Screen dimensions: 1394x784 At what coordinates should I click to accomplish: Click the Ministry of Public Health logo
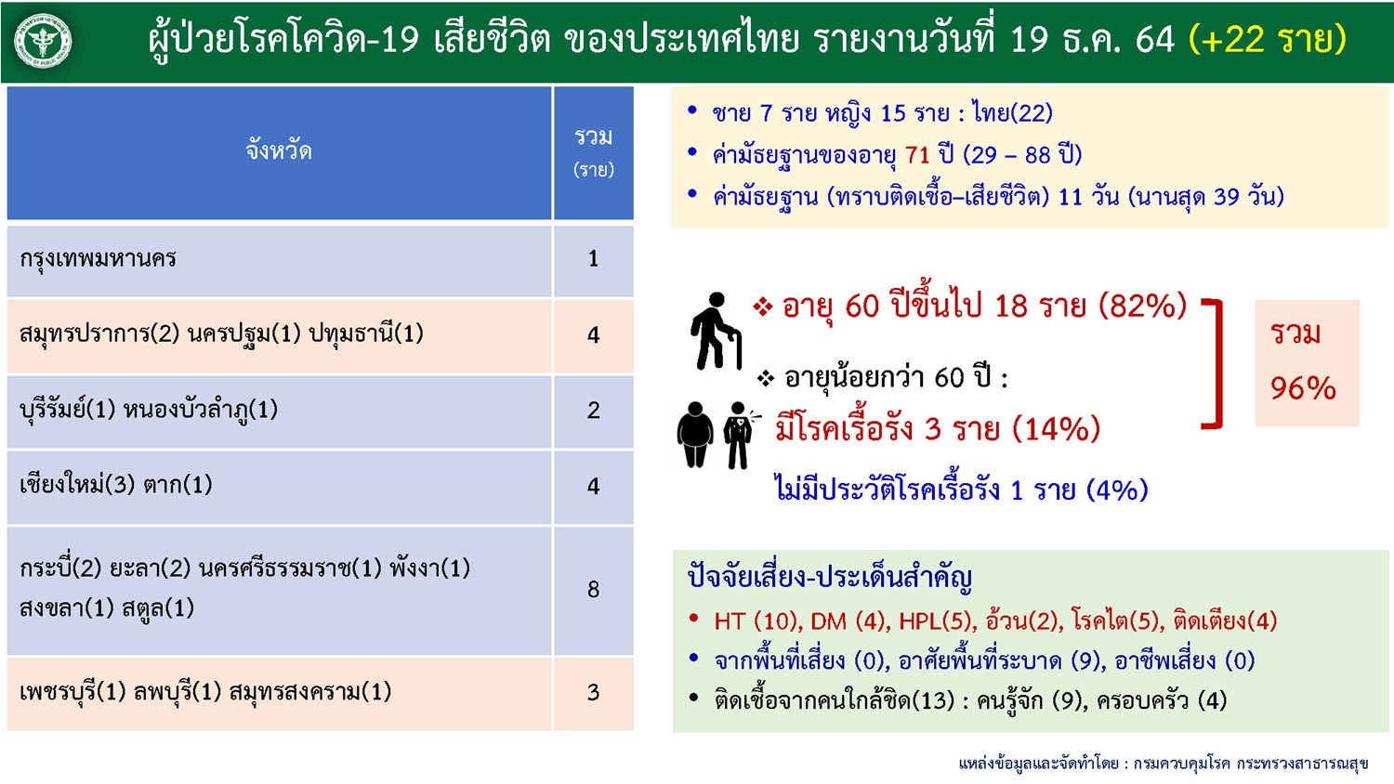[43, 41]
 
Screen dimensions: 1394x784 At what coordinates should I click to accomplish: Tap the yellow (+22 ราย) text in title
[1267, 39]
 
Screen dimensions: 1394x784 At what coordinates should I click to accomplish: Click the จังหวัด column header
[279, 150]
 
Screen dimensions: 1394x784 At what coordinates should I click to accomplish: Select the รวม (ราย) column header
[594, 152]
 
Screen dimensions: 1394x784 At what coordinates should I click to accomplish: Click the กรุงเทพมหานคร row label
[98, 258]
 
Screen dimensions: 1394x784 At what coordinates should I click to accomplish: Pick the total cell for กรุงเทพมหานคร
[593, 258]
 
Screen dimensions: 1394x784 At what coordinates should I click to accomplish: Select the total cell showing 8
[593, 589]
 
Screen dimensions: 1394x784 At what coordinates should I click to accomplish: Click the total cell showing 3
[593, 692]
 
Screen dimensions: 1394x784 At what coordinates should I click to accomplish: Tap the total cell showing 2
[593, 410]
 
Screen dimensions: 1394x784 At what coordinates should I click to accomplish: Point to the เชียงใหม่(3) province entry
[77, 485]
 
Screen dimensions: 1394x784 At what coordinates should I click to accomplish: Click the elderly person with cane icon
[716, 331]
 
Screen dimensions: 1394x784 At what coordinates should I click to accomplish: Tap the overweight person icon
[695, 435]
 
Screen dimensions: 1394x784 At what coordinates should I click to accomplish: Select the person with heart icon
[740, 435]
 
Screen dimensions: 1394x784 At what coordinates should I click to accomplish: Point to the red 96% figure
[1303, 388]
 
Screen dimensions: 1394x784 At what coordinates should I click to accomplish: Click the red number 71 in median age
[917, 154]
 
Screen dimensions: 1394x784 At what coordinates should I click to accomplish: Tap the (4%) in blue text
[1117, 490]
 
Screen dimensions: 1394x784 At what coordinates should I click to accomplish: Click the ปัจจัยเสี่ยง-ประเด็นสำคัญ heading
[830, 578]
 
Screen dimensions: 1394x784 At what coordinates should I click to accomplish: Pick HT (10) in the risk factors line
[756, 621]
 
